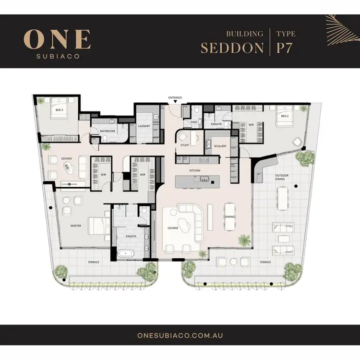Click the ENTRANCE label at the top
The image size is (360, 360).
click(175, 97)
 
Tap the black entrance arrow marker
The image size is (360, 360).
click(175, 102)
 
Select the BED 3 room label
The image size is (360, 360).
click(59, 110)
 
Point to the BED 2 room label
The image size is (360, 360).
click(285, 116)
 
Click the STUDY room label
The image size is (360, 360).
click(184, 144)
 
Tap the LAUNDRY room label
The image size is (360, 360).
click(144, 126)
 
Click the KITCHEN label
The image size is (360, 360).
click(194, 170)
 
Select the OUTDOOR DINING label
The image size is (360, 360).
click(282, 178)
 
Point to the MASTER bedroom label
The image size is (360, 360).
click(75, 226)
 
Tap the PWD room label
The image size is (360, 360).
click(194, 122)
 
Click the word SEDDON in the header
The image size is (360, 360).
click(232, 48)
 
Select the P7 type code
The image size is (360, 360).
click(286, 48)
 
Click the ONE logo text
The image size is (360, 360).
click(57, 39)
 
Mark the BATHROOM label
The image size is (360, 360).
click(108, 131)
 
